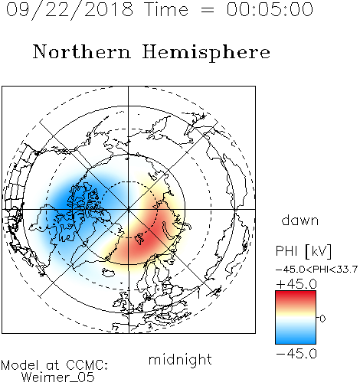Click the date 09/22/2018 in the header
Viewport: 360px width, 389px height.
pos(70,10)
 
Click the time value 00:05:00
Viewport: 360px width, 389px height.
pos(270,9)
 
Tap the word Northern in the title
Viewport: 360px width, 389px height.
pos(82,51)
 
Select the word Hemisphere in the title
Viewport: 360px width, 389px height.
pos(206,53)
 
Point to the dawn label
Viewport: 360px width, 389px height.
pos(300,220)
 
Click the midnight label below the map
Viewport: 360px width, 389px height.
pos(180,360)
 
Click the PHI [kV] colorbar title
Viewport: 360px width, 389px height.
pos(303,251)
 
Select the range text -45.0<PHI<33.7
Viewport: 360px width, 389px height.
pos(316,270)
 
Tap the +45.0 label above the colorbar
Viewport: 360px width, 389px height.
pos(296,284)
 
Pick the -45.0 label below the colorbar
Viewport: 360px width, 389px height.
pos(296,354)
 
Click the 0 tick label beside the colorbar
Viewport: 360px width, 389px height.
pos(322,319)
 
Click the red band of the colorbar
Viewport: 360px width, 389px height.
pos(296,297)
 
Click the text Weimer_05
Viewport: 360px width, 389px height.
pos(58,378)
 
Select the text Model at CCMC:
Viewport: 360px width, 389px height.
pos(54,365)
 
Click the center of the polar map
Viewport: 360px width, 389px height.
pos(129,210)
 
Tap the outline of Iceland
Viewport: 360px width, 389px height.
pos(109,273)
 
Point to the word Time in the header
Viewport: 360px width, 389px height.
pos(166,9)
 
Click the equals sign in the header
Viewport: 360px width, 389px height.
pos(207,11)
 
